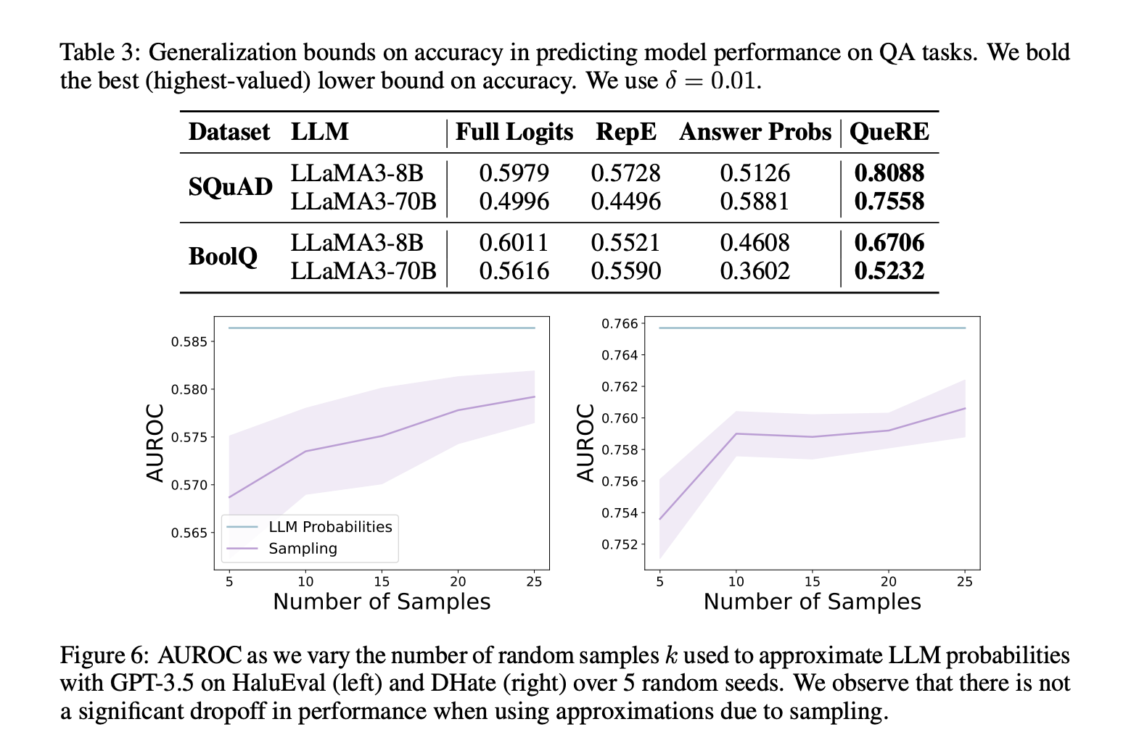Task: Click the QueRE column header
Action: pos(889,132)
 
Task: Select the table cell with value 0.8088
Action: pos(889,173)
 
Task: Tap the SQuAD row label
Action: pos(230,187)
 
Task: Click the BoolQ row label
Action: pos(223,257)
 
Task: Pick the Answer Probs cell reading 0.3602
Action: pos(754,271)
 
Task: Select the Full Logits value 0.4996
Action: pos(514,201)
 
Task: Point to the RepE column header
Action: pos(625,132)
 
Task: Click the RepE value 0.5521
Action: pos(625,243)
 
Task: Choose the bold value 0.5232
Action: pos(889,271)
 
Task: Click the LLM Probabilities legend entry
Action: pos(330,527)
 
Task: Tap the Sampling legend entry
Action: pos(303,549)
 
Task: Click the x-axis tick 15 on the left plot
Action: pos(382,581)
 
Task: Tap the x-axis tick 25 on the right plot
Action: pos(965,581)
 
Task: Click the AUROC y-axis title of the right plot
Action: pos(585,442)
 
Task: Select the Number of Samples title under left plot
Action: pos(382,602)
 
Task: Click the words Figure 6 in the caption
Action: pos(104,656)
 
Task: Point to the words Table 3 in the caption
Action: pos(101,53)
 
